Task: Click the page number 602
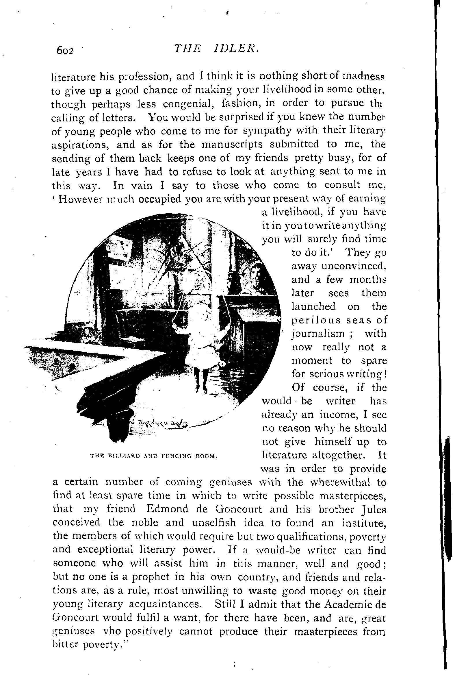pos(65,51)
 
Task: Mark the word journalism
pos(318,334)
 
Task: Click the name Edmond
pos(168,509)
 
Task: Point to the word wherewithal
pos(340,482)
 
